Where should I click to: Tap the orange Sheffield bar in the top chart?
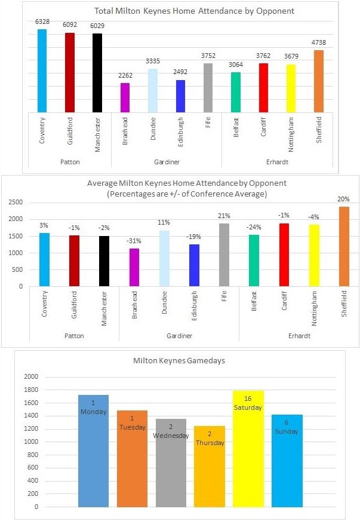[319, 81]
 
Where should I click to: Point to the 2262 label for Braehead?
[125, 76]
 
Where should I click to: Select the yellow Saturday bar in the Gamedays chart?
[250, 449]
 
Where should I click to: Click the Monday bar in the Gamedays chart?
[93, 451]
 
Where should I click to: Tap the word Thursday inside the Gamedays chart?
[210, 443]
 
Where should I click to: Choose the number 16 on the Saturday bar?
[250, 398]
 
